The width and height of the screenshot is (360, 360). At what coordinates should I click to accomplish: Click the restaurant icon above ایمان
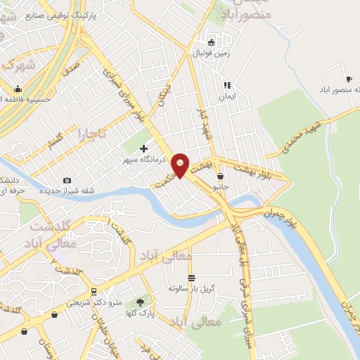(226, 84)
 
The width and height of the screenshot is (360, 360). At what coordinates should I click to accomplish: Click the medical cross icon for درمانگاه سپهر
(144, 148)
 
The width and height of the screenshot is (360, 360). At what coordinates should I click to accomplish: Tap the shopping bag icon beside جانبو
(221, 176)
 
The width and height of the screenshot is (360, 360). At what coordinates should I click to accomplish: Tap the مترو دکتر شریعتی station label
(87, 302)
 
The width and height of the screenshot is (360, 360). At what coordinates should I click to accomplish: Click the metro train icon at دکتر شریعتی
(93, 291)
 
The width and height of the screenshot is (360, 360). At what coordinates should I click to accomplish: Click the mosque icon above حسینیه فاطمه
(18, 89)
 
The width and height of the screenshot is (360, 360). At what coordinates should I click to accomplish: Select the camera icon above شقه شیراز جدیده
(67, 181)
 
